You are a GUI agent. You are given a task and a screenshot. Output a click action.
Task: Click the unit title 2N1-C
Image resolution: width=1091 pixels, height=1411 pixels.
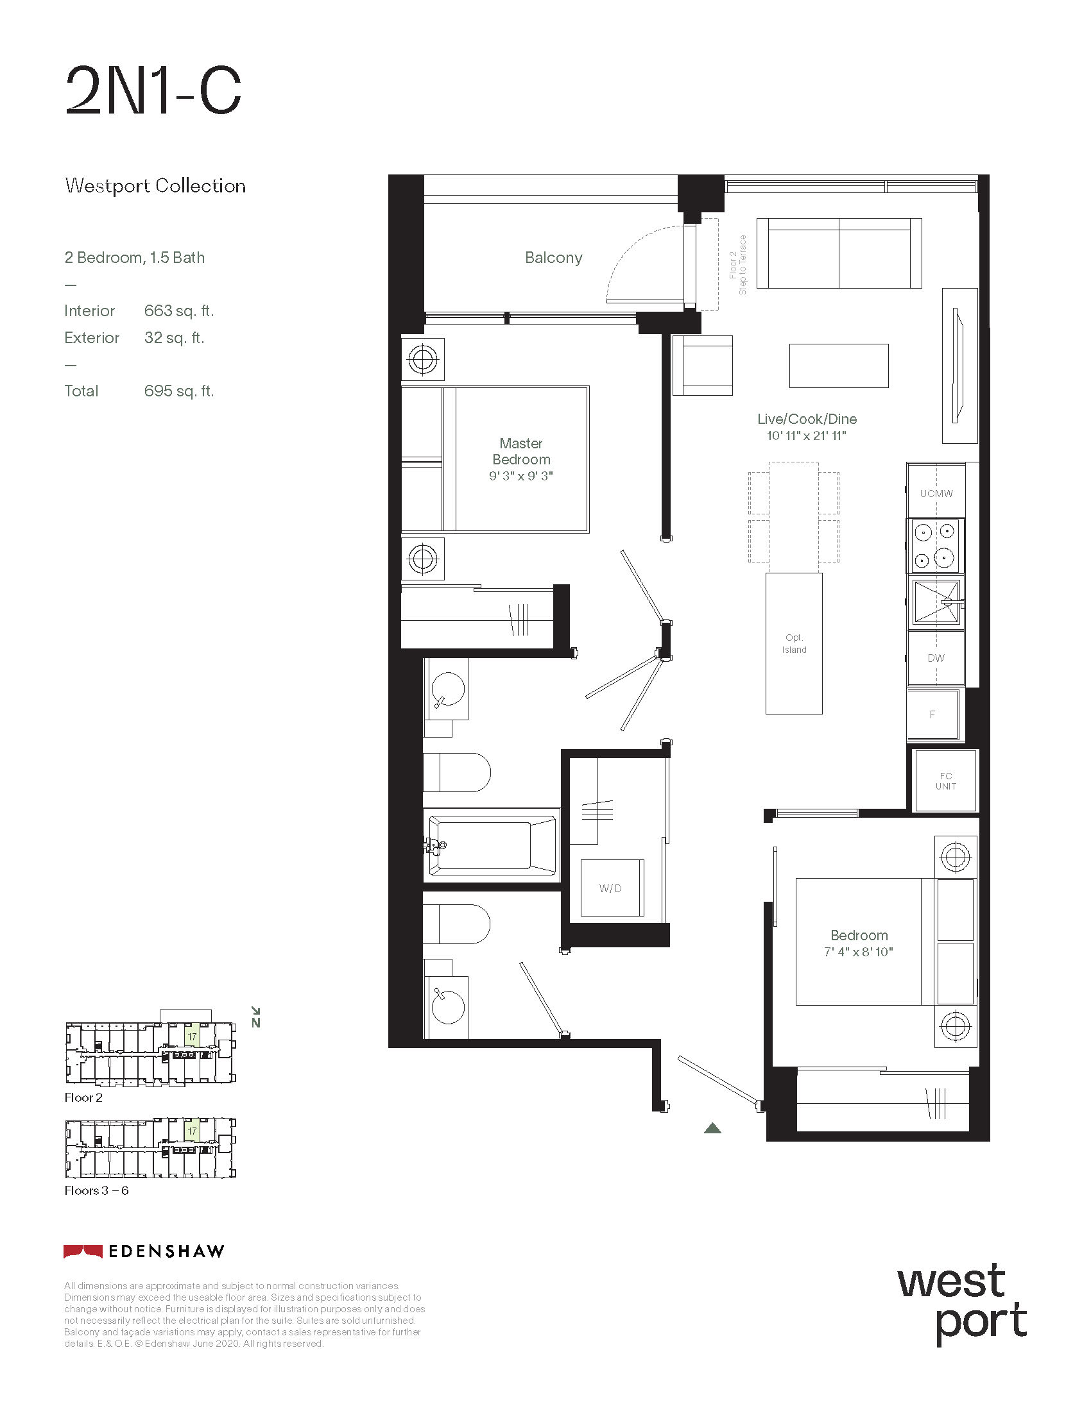tap(153, 91)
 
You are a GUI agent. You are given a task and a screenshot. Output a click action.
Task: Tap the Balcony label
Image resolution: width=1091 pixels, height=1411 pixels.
tap(553, 258)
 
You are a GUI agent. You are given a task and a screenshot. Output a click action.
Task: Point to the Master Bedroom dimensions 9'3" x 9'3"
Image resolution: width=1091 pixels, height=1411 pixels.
tap(521, 476)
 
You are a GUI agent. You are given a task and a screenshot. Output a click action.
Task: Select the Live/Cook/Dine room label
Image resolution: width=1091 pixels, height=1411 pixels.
tap(807, 419)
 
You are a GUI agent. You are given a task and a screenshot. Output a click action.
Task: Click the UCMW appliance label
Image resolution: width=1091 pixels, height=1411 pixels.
tap(936, 494)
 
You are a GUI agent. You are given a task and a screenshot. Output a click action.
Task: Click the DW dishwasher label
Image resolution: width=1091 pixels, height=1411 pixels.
tap(936, 658)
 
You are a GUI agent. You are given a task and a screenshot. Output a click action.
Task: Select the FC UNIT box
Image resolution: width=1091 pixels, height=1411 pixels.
tap(945, 781)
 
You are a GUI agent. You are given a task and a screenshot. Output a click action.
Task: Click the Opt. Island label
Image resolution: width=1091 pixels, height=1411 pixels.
tap(794, 643)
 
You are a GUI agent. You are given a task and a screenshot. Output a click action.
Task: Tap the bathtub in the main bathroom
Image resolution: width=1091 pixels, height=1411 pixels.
tap(492, 845)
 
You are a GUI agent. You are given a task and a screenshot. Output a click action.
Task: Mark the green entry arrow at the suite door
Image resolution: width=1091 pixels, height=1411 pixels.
tap(712, 1128)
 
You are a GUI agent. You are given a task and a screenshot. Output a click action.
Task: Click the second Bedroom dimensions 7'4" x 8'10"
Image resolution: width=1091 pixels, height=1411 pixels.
tap(858, 952)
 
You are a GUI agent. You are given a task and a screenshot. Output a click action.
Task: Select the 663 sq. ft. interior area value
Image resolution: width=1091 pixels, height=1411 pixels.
tap(178, 311)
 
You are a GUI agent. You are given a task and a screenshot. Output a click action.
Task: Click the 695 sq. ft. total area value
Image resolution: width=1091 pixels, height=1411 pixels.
tap(178, 391)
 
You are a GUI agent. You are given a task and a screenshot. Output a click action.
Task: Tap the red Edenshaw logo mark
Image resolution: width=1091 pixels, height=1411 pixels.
tap(83, 1251)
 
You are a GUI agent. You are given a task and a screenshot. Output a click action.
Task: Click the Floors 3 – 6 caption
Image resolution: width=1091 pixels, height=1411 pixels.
tap(96, 1191)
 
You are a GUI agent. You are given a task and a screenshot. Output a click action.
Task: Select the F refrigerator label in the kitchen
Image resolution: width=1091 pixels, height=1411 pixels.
tap(932, 714)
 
